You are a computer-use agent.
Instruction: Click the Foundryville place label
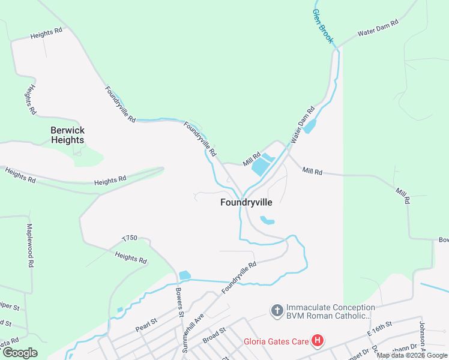[x=246, y=203]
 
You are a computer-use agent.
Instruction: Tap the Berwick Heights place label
[x=67, y=135]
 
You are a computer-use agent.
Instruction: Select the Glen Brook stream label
[x=322, y=26]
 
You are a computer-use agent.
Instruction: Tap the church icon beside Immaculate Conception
[x=277, y=310]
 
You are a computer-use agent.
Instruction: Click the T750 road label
[x=130, y=238]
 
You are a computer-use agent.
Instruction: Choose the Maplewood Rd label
[x=29, y=245]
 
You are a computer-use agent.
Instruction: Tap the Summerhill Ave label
[x=195, y=326]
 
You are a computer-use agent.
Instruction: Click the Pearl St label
[x=146, y=325]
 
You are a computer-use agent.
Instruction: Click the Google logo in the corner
[x=20, y=353]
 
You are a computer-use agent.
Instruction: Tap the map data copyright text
[x=412, y=355]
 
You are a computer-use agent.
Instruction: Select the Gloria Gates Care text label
[x=276, y=343]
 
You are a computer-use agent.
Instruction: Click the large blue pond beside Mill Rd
[x=262, y=164]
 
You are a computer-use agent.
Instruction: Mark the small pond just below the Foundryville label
[x=267, y=221]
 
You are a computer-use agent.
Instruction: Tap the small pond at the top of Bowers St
[x=184, y=275]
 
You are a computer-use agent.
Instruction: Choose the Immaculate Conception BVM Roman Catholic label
[x=328, y=310]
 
